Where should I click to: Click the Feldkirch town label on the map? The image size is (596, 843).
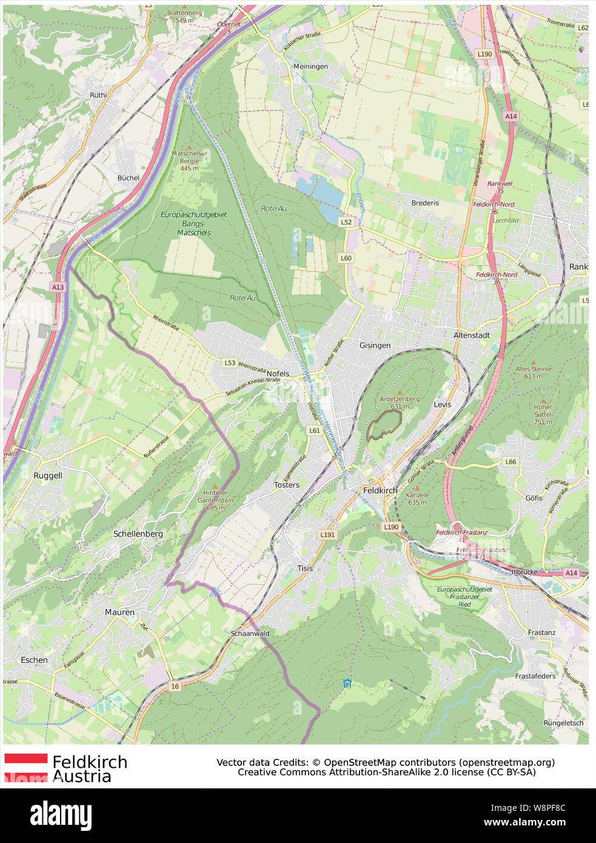380,490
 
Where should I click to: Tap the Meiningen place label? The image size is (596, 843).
310,66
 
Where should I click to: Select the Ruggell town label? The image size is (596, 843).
48,475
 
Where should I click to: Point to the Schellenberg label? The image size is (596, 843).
138,534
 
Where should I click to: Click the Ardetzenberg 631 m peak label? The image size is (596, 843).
400,403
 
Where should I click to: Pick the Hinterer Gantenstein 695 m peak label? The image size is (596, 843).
215,500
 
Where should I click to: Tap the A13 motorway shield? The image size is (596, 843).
58,287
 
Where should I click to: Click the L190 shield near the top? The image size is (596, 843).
484,54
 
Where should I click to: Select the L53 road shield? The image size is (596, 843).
230,363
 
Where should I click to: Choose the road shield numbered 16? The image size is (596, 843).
175,686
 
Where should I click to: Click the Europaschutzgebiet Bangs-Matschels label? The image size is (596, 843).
193,223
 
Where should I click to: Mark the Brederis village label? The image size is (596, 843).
425,203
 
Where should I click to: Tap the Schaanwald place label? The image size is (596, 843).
250,633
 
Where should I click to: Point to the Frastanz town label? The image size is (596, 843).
541,632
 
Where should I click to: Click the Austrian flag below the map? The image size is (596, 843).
26,767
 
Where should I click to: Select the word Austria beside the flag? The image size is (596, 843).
82,777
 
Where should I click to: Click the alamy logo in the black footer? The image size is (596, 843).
61,816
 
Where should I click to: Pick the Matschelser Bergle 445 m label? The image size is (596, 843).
189,161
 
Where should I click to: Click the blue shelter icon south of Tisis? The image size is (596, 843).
347,683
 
